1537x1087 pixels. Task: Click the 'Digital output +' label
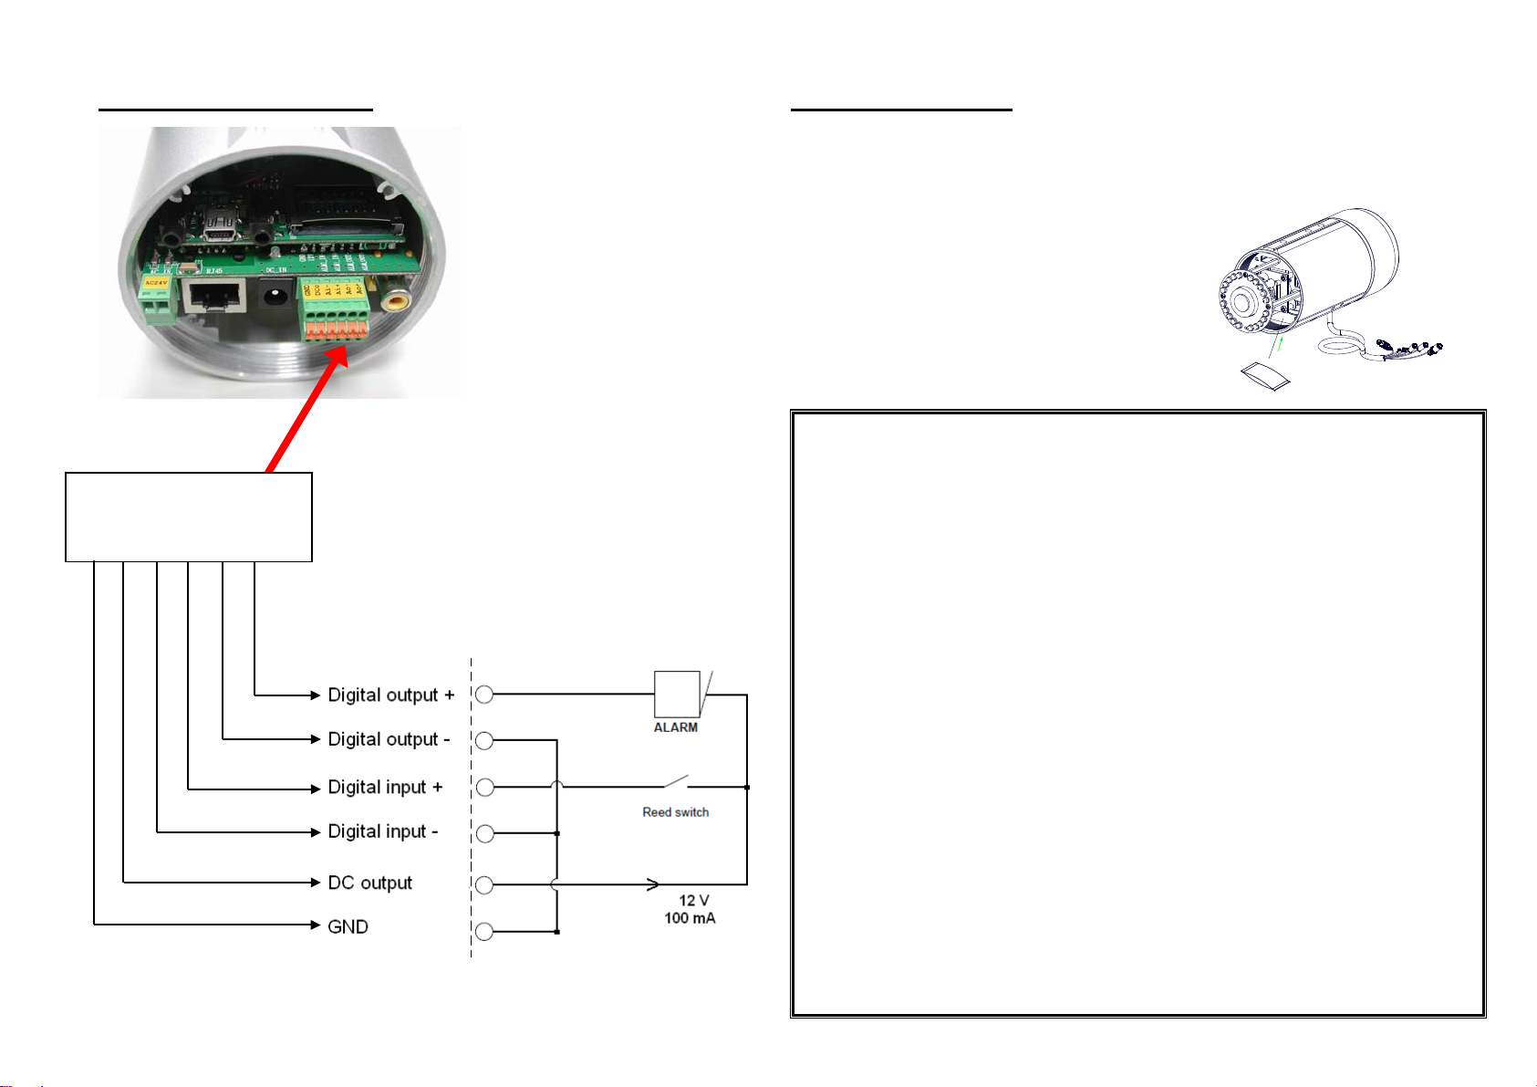[390, 695]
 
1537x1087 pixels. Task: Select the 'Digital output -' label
[389, 739]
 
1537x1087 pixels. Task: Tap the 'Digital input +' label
[385, 787]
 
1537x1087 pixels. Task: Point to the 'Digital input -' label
[383, 831]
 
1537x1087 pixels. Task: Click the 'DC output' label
[369, 883]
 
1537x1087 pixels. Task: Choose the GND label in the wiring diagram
[348, 927]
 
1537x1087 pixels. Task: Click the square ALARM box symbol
[677, 695]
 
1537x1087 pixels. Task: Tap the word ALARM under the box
[676, 727]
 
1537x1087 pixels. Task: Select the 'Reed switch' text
[675, 812]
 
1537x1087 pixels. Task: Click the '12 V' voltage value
[694, 901]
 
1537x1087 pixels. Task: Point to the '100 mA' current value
[690, 918]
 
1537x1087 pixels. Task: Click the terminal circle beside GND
[484, 932]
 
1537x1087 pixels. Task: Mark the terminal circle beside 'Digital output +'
[484, 695]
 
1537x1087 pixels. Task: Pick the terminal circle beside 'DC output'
[484, 884]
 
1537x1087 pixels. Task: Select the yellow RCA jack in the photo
[396, 303]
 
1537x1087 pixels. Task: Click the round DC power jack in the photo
[273, 295]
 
